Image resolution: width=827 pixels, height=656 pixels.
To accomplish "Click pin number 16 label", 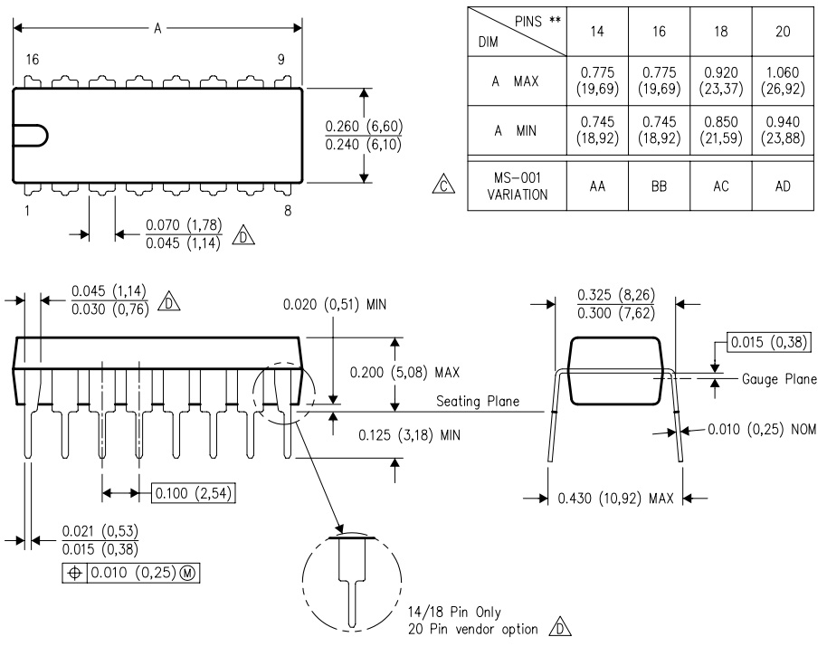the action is tap(33, 59).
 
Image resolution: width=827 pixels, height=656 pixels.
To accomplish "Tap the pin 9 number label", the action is tap(281, 59).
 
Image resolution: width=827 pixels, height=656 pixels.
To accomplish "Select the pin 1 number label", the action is tap(27, 211).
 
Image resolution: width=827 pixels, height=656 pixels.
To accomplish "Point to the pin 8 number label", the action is tap(288, 211).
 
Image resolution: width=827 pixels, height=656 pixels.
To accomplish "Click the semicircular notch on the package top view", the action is tap(46, 136).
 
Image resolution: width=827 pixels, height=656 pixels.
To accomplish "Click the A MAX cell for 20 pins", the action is tap(783, 81).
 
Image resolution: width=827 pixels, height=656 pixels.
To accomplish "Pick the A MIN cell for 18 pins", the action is tap(721, 130).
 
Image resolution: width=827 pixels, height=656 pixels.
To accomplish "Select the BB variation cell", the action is tap(659, 186).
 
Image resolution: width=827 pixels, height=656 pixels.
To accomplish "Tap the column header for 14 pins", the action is tap(597, 32).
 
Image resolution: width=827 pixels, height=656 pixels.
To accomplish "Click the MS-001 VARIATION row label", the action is tap(518, 186).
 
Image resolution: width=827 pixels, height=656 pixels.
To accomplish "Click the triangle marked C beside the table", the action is tap(443, 185).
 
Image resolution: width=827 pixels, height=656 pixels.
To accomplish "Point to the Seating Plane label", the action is tap(478, 402).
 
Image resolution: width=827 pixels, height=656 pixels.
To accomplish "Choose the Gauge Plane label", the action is tap(779, 379).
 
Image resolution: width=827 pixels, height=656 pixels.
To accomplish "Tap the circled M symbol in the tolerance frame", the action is tap(188, 573).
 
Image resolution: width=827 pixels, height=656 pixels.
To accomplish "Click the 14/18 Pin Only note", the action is tap(454, 613).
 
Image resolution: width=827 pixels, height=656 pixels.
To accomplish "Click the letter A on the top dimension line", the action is tap(157, 28).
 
